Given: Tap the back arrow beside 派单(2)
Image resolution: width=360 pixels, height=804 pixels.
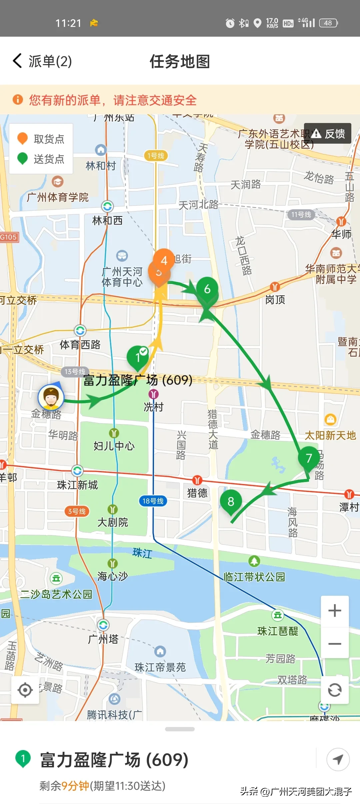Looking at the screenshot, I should [17, 61].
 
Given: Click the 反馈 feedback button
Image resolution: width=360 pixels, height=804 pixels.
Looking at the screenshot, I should [328, 134].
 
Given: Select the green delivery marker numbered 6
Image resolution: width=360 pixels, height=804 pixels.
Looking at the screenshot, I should [207, 289].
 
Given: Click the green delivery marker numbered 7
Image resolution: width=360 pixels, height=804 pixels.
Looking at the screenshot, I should [309, 458].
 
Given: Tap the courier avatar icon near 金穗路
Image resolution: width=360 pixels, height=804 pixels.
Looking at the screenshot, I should [51, 397].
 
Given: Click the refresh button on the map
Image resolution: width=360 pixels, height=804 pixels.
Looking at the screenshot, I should [334, 690].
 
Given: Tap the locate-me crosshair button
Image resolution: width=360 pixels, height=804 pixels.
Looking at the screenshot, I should [25, 690].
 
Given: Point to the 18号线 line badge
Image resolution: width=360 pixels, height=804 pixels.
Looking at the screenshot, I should [153, 501].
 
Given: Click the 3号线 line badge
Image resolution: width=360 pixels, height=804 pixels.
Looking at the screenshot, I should [77, 511].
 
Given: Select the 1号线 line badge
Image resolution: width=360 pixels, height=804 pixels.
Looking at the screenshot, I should [156, 156].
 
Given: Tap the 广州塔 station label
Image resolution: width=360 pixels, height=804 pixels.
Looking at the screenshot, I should [103, 639].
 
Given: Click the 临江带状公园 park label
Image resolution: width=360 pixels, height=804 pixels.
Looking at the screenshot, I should [254, 577].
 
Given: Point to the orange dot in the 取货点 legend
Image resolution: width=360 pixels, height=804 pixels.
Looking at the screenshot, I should [22, 138].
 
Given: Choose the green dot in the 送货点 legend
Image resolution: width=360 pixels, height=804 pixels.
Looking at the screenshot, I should [22, 158].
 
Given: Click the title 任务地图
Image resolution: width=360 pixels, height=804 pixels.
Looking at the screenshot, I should [180, 62].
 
